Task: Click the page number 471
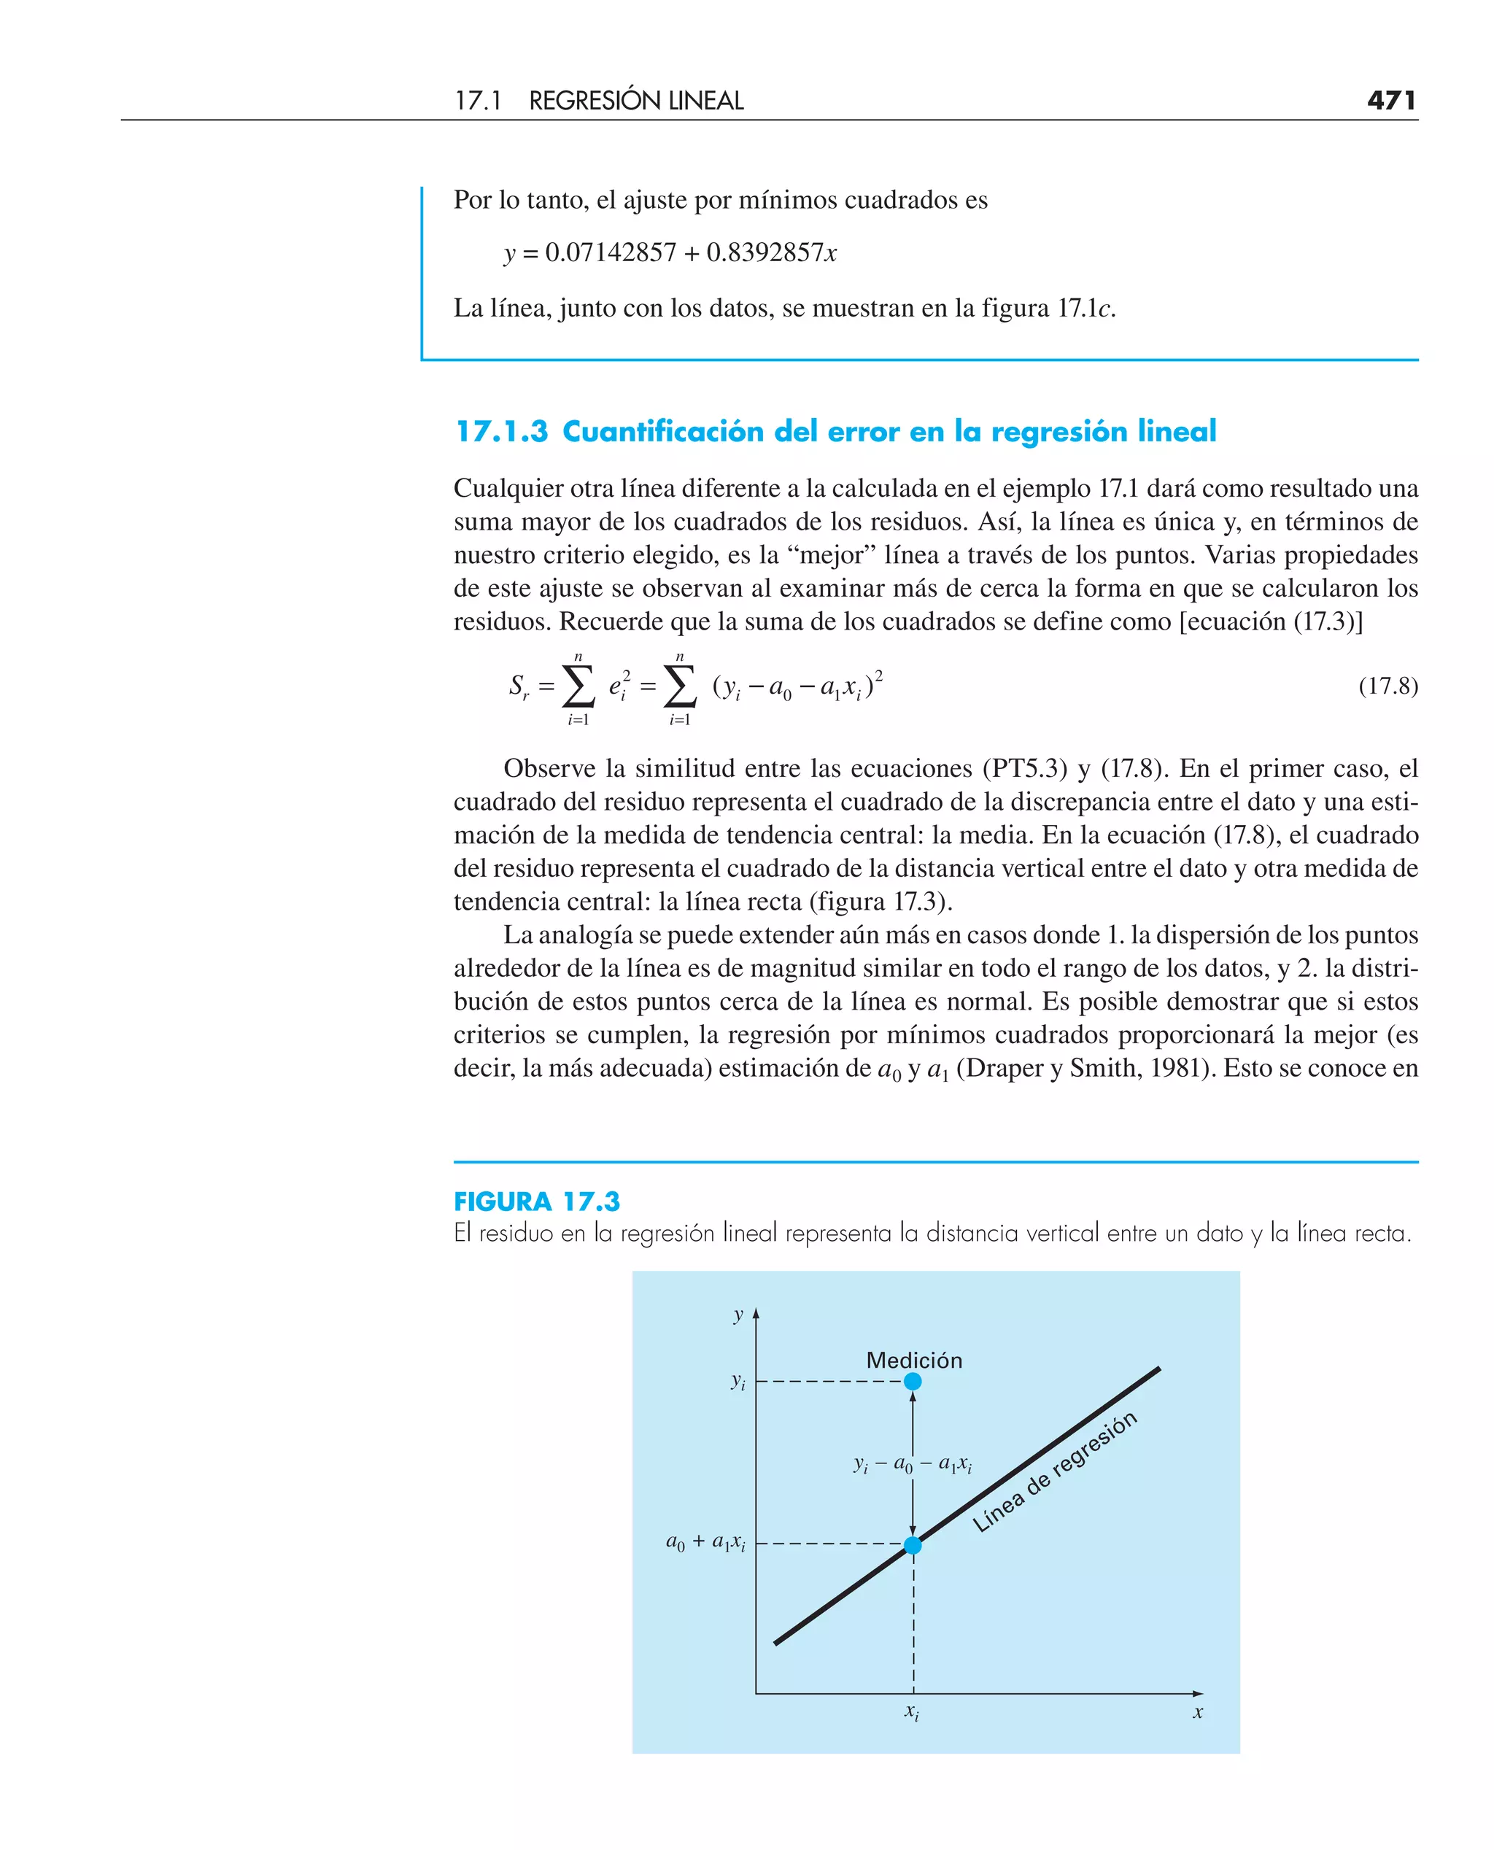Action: point(1390,101)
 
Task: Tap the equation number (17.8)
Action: point(1387,686)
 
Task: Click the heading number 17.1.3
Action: point(501,431)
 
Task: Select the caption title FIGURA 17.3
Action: point(536,1201)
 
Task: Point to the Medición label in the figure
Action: point(913,1361)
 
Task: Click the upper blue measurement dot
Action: point(913,1381)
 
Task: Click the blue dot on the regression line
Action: point(913,1544)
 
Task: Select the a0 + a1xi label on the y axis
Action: point(705,1543)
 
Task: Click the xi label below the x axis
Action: point(911,1712)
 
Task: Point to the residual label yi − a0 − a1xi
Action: point(913,1463)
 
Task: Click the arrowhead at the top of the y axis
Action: point(756,1314)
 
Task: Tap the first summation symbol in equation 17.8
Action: point(578,686)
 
